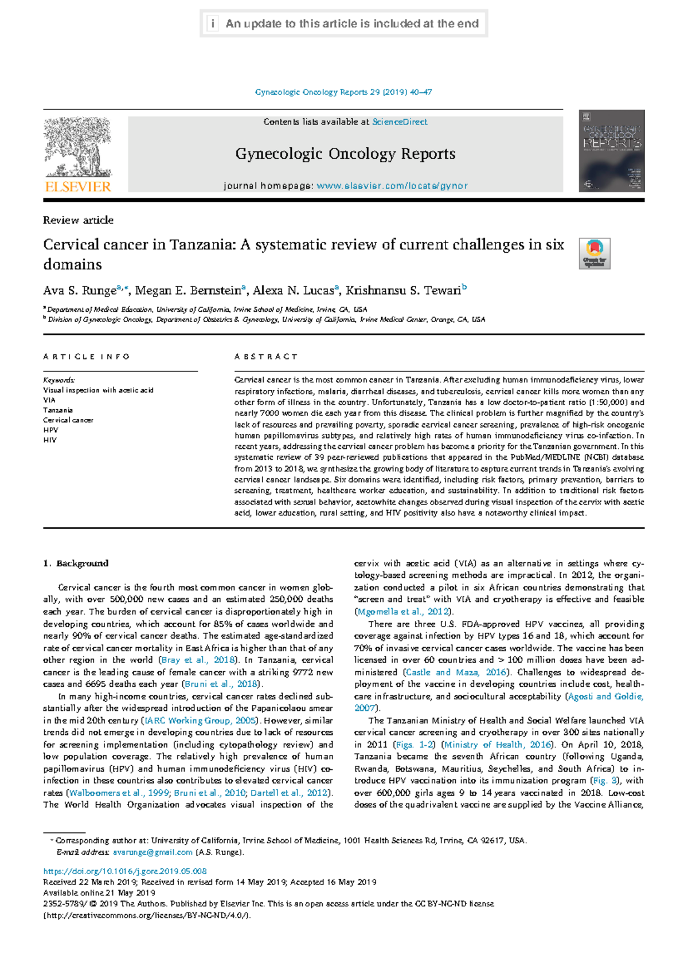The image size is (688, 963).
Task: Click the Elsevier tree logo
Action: coord(77,148)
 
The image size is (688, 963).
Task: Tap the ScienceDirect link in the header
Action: coord(400,122)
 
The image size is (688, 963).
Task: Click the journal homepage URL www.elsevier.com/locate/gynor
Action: coord(392,186)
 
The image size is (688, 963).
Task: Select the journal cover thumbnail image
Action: coord(611,151)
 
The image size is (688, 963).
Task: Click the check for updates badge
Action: coord(595,253)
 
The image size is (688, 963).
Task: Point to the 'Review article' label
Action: coord(78,220)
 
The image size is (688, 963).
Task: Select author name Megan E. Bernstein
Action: coord(188,291)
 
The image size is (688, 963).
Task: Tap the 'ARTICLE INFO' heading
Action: coord(87,357)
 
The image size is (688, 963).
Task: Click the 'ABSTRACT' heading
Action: coord(266,357)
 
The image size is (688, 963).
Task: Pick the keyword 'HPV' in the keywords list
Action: coord(50,430)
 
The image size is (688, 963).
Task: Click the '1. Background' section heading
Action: coord(76,563)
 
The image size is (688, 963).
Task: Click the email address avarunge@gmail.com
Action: coord(153,852)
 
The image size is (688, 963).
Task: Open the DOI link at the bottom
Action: coord(125,871)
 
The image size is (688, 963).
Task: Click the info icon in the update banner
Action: coord(213,24)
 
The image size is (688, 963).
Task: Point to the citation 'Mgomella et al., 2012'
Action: coord(403,612)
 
